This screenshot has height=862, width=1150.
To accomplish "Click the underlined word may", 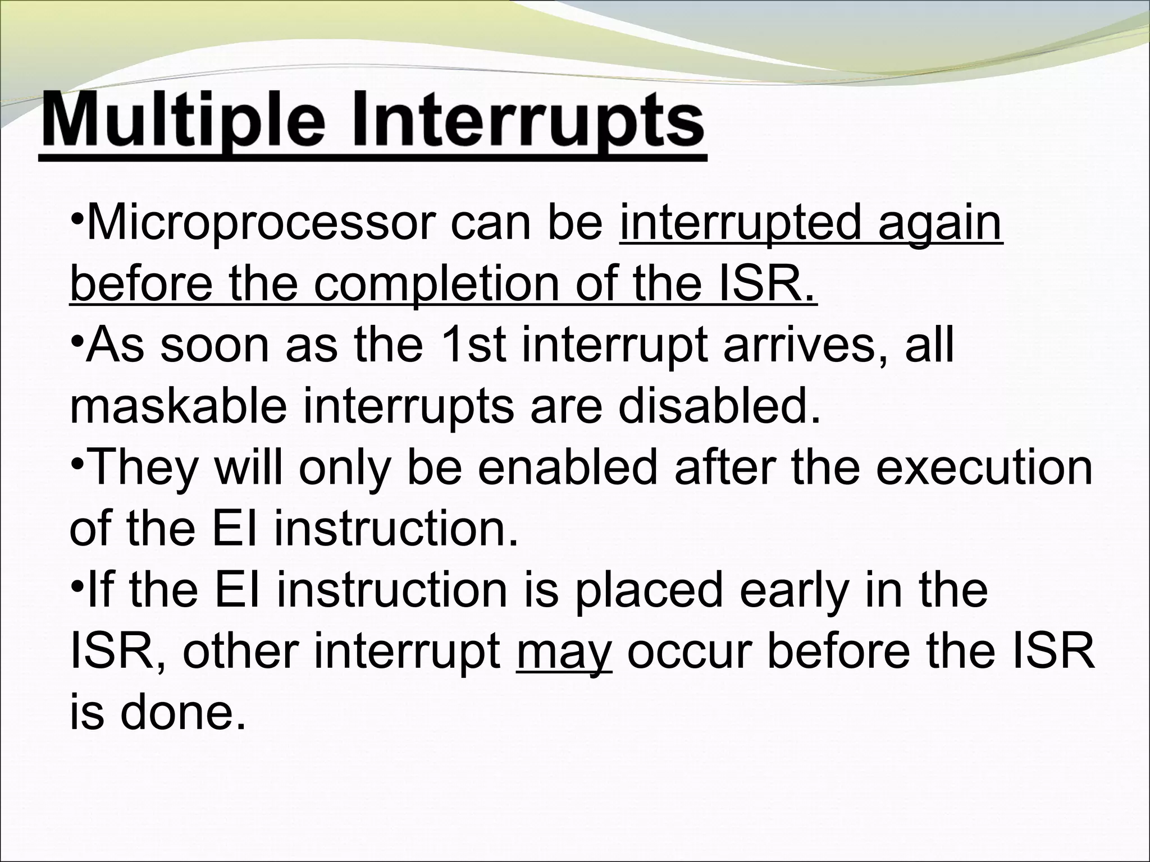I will click(x=564, y=654).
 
